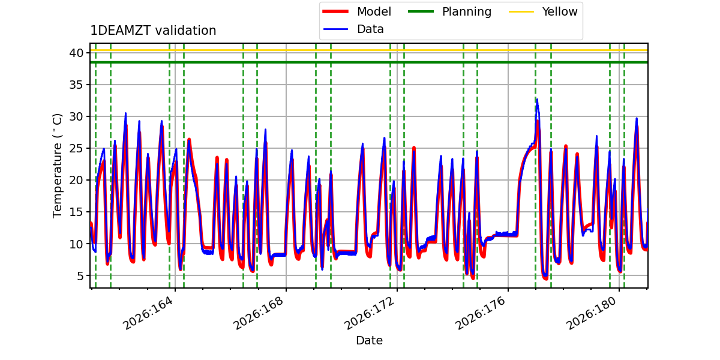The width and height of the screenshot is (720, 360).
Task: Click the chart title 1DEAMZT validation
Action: [153, 31]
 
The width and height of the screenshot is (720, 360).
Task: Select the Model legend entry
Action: [357, 11]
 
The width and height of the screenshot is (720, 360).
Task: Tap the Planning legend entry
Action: [449, 11]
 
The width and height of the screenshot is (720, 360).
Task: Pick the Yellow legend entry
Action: [543, 11]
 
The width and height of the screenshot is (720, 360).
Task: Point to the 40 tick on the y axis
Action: [76, 53]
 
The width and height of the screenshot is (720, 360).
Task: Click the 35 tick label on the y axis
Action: [76, 85]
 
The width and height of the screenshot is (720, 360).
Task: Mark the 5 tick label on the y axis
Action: [80, 276]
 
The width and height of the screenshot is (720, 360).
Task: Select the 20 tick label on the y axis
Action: [76, 181]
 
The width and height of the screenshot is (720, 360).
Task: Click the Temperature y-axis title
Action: [57, 166]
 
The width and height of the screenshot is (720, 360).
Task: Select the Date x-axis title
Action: [369, 340]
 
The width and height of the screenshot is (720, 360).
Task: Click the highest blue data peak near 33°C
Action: [537, 100]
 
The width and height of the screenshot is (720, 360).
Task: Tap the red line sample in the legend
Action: [335, 11]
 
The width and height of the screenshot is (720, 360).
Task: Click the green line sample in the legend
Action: [421, 11]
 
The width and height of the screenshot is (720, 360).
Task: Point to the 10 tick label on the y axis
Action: [76, 244]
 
